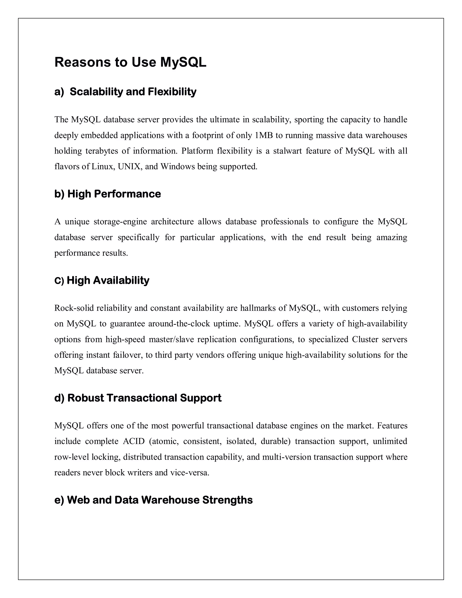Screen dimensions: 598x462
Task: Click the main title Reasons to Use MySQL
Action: click(x=130, y=62)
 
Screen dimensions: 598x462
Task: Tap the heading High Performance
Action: click(x=114, y=194)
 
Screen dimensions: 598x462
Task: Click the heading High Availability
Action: click(x=108, y=280)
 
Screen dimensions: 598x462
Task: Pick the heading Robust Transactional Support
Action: click(x=144, y=398)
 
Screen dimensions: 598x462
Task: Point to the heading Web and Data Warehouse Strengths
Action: click(x=159, y=500)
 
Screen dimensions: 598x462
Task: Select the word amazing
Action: click(x=392, y=237)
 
